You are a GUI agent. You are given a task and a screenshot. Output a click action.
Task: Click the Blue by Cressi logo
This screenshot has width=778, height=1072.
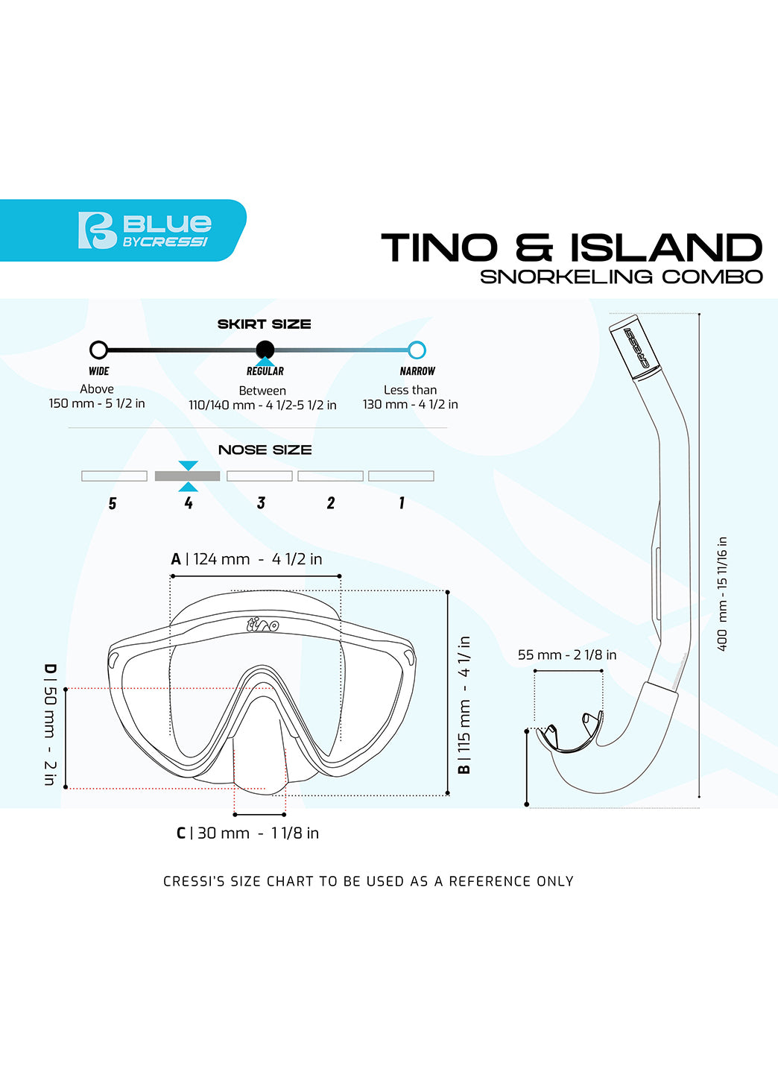point(144,230)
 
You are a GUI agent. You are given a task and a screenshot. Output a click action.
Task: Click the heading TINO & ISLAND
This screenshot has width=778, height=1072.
point(572,248)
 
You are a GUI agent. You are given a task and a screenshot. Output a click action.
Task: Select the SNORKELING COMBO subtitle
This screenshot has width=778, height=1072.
point(621,277)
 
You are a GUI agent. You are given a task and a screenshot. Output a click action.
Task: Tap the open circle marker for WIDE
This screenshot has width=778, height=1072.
point(98,350)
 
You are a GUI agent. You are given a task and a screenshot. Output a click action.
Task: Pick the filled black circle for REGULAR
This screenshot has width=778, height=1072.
point(265,350)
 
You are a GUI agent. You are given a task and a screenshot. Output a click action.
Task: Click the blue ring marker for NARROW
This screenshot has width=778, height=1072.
point(417,350)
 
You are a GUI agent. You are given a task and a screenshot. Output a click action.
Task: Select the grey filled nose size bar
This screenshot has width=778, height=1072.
point(187,476)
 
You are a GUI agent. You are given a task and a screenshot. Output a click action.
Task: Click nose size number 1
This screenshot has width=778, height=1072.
point(402,503)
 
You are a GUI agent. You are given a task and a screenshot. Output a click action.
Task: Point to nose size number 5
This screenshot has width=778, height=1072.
point(113,504)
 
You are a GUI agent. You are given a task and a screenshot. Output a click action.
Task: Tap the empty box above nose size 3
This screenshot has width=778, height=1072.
point(259,476)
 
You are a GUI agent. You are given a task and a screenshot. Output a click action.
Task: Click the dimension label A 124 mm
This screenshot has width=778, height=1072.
point(247,559)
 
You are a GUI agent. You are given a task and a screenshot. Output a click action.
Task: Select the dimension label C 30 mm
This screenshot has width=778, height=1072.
point(247,833)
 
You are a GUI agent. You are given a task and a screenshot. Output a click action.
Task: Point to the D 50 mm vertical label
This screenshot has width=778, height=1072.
point(50,724)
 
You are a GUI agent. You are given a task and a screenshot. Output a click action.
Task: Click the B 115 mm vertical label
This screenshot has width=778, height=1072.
point(464,704)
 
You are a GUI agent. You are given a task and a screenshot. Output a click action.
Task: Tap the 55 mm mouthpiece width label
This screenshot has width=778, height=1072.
point(567,655)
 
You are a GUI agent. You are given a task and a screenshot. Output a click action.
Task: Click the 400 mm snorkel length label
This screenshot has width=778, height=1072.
point(721,593)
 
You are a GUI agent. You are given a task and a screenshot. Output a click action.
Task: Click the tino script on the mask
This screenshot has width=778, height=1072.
point(262,624)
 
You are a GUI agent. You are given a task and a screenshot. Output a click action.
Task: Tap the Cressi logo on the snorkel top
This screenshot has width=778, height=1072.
point(638,348)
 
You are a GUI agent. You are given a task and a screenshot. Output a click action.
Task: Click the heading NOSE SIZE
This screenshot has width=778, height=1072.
point(265,450)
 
